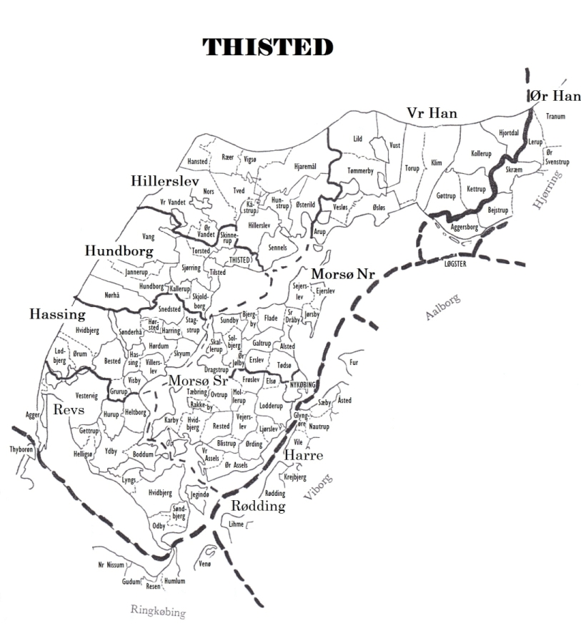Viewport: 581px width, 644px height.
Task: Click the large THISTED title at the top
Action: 268,47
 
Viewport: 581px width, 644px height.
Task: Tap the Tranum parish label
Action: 555,117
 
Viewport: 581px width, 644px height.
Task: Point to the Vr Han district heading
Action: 432,113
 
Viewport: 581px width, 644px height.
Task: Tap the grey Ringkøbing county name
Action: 158,611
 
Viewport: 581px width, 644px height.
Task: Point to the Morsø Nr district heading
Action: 342,274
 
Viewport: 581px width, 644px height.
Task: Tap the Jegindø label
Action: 200,494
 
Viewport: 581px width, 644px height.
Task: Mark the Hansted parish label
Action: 197,162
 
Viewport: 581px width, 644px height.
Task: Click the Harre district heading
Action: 304,456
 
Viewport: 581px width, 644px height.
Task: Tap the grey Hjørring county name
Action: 549,189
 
